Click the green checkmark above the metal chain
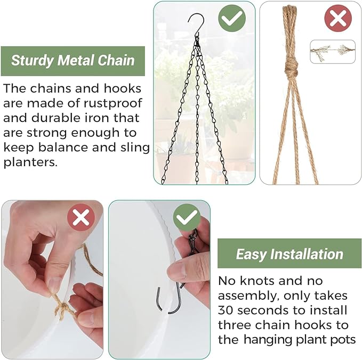(x=232, y=19)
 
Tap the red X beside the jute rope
(x=337, y=19)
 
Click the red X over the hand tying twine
(x=81, y=218)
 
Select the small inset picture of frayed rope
(x=333, y=51)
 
